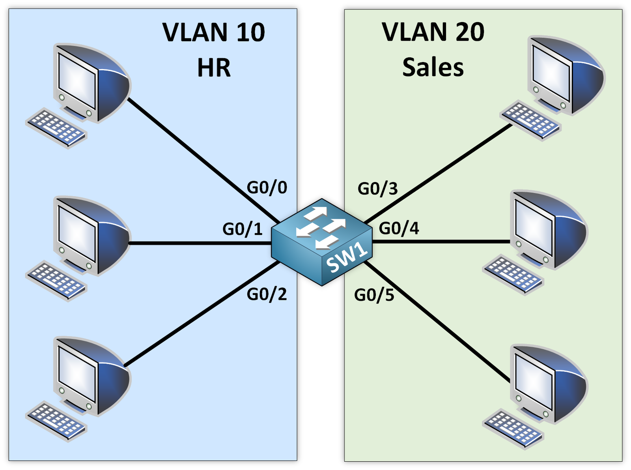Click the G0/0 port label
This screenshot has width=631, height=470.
point(267,187)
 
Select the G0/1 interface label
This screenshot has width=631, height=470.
point(243,229)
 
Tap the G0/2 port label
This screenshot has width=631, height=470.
point(267,294)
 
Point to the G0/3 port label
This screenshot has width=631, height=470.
point(377,189)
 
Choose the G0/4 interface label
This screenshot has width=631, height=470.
point(399,228)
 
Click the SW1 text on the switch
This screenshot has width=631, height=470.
point(347,259)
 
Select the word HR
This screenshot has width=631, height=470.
point(213,67)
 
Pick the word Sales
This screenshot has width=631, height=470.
point(433,67)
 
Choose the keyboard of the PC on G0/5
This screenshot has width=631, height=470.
point(513,430)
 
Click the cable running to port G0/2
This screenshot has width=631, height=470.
point(201,314)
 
